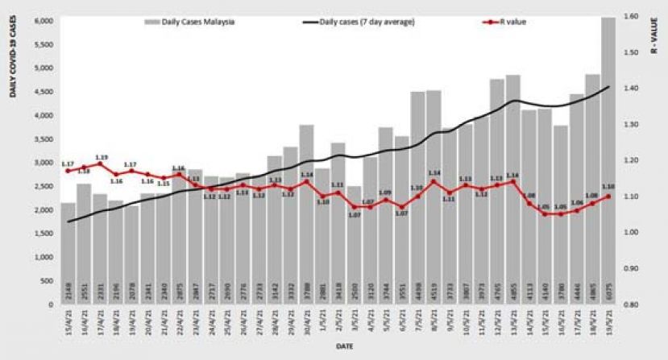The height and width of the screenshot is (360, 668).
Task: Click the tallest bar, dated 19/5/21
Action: [609, 161]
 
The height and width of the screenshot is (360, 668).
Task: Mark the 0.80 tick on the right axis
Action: [630, 305]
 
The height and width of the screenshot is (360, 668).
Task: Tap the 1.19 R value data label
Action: [102, 157]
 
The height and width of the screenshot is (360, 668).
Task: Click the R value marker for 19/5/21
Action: [609, 197]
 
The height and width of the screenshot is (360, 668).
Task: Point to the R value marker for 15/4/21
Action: [68, 171]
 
